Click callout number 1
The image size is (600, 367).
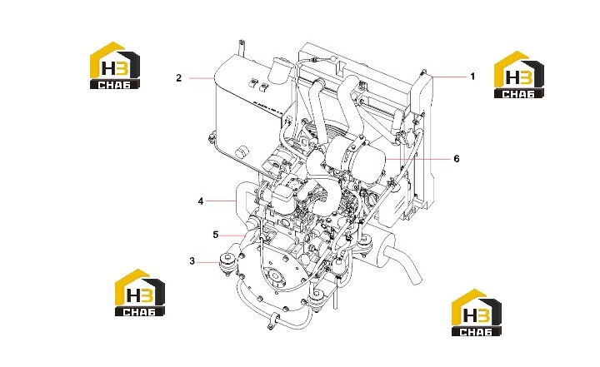(472, 77)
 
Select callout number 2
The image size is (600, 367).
(178, 78)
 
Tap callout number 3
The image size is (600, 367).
(192, 261)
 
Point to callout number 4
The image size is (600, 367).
(201, 201)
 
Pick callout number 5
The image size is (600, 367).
(216, 235)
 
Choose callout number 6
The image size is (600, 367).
(457, 158)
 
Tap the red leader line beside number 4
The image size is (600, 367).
(221, 201)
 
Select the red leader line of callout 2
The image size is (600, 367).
(202, 78)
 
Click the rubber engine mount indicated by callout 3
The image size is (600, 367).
(228, 264)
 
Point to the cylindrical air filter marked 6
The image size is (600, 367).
(357, 160)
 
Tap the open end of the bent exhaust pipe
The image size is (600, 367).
(417, 278)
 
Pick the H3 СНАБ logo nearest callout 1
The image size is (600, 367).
(519, 75)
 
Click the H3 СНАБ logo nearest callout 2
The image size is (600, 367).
(115, 66)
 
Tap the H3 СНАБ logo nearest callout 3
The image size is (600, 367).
(140, 292)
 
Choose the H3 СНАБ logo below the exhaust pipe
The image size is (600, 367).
(477, 313)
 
